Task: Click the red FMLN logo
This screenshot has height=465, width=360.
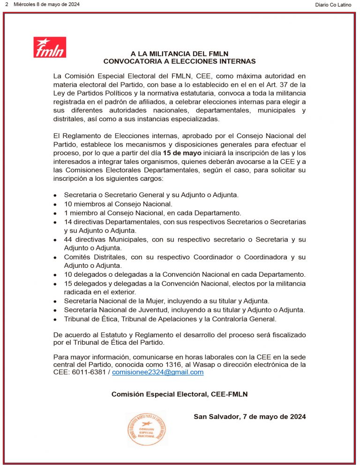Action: click(50, 47)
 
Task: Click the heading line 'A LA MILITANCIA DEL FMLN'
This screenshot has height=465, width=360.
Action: click(180, 54)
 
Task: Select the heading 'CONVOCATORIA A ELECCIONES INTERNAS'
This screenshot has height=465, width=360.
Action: click(180, 61)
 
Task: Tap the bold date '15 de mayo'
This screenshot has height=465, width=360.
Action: click(182, 153)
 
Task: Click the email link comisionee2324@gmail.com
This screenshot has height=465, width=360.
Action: click(157, 372)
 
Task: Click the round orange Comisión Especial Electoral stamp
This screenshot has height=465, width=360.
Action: click(146, 428)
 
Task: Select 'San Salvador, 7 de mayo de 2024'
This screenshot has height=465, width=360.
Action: click(250, 416)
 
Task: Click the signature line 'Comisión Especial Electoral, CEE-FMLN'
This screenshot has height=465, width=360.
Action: click(180, 394)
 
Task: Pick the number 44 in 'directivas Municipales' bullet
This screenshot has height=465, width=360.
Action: click(68, 239)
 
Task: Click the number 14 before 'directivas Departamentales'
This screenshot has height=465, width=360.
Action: click(68, 221)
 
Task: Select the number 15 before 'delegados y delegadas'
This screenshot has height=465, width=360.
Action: click(68, 284)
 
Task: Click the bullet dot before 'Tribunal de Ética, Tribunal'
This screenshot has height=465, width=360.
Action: click(55, 320)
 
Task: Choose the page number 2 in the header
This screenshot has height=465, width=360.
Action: click(7, 5)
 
